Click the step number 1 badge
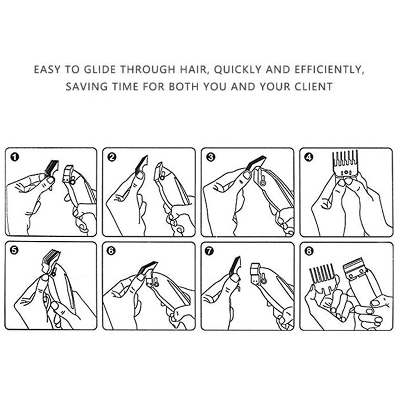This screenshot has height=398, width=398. pos(15,157)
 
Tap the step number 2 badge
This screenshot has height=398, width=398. pos(112,157)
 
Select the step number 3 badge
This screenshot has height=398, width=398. pos(211,157)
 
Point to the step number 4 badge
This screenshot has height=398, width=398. pos(309,157)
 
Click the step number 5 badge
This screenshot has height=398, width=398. pos(14,251)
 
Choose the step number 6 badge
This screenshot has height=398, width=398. pos(111,251)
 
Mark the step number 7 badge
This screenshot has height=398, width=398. pos(209,251)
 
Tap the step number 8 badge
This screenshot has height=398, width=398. pos(309,251)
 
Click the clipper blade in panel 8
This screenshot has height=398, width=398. pos(354,267)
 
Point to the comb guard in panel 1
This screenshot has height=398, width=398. pos(52,169)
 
